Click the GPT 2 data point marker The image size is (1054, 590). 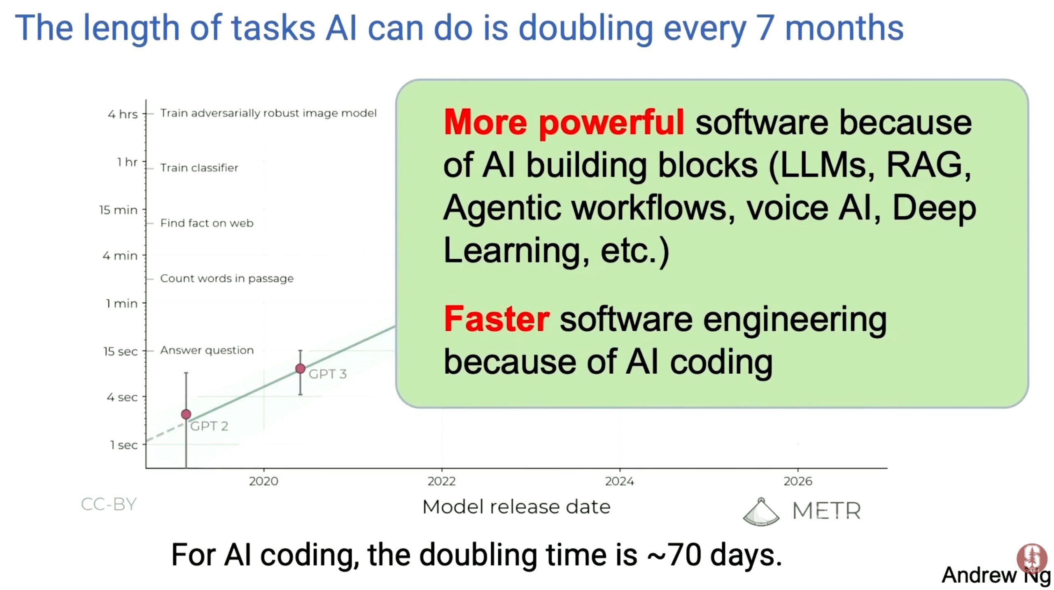(186, 414)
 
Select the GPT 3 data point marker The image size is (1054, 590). (300, 368)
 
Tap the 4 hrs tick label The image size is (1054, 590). (123, 114)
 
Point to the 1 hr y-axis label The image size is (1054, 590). (127, 162)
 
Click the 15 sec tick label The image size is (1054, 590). (120, 351)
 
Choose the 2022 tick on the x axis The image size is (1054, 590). (441, 481)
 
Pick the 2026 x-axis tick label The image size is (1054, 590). (798, 481)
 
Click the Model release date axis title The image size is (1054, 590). (516, 507)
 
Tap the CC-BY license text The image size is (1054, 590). (109, 504)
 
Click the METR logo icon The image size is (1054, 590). (761, 512)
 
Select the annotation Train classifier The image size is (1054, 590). (199, 168)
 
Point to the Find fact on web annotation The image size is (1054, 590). (207, 223)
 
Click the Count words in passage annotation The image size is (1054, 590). (227, 279)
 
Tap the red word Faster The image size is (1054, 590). (497, 319)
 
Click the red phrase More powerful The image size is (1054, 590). (564, 122)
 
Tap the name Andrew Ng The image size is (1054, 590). (996, 575)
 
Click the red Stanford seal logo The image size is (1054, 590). (1032, 558)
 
